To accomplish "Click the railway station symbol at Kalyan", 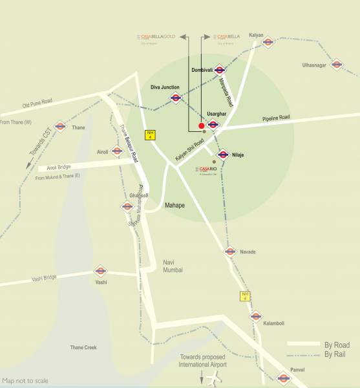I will [268, 43].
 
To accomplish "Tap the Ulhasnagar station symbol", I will [336, 65].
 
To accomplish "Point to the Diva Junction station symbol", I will [175, 98].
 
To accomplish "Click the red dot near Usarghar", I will [201, 125].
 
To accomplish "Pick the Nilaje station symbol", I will [223, 155].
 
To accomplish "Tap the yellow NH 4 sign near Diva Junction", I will [150, 135].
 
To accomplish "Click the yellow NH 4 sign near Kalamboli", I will [245, 297].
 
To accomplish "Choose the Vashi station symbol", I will [100, 272].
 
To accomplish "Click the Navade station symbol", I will [230, 252].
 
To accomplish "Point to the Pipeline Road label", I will [276, 118].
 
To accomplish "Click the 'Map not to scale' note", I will [25, 381].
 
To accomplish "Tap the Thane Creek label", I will [83, 348].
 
